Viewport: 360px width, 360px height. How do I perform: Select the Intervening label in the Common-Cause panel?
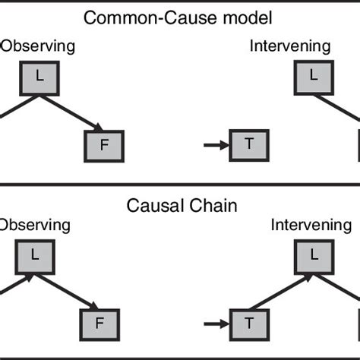click(x=289, y=47)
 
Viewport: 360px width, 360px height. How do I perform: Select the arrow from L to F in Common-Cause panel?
click(x=73, y=111)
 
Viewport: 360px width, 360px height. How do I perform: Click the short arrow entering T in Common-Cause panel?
click(x=217, y=143)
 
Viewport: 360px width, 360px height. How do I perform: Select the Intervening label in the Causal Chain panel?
click(x=312, y=226)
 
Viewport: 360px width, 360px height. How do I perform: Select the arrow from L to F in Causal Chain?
click(x=73, y=290)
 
